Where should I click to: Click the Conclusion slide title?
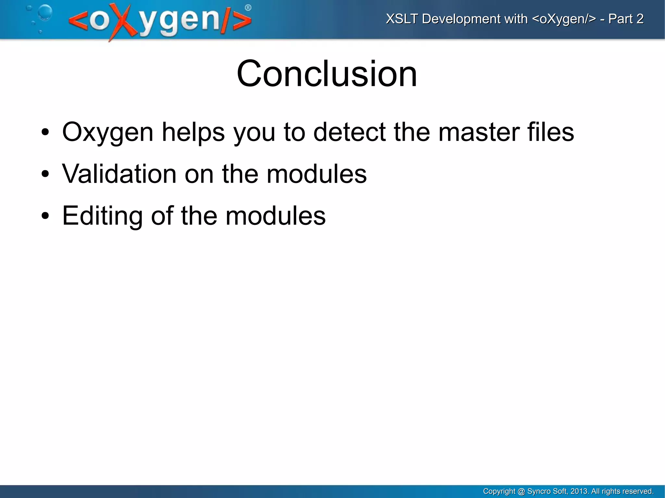tap(327, 74)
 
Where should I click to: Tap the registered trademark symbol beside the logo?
tap(248, 8)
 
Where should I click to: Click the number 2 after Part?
tap(640, 19)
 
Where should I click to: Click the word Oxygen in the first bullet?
tap(107, 132)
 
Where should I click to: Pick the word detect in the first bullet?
tap(349, 132)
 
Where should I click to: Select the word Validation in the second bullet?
tap(119, 174)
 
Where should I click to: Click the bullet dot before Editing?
tap(45, 216)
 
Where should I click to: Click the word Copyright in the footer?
tap(499, 491)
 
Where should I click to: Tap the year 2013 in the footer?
tap(579, 491)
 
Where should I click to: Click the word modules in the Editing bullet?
tap(275, 216)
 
